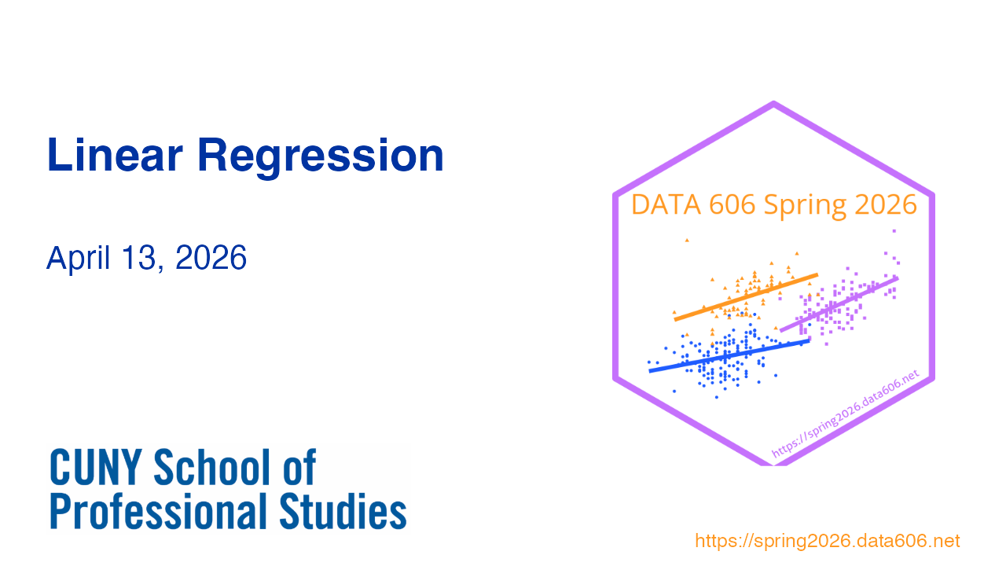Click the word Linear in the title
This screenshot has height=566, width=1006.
pyautogui.click(x=115, y=156)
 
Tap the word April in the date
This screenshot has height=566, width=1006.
pyautogui.click(x=78, y=259)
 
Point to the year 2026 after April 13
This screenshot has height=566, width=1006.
pyautogui.click(x=211, y=258)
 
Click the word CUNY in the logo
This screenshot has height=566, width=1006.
pyautogui.click(x=96, y=467)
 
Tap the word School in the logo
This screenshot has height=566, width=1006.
pyautogui.click(x=212, y=467)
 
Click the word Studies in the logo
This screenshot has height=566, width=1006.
pyautogui.click(x=343, y=511)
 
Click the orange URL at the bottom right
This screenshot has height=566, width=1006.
pyautogui.click(x=828, y=541)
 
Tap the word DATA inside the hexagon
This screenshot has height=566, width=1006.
pyautogui.click(x=666, y=205)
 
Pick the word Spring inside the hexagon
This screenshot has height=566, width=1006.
pyautogui.click(x=805, y=207)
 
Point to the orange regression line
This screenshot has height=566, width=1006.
pyautogui.click(x=746, y=297)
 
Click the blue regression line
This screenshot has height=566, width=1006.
pyautogui.click(x=729, y=356)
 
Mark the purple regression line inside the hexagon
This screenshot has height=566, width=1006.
pyautogui.click(x=839, y=304)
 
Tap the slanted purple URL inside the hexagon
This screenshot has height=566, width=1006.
pyautogui.click(x=845, y=413)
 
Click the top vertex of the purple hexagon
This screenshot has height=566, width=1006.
pyautogui.click(x=774, y=103)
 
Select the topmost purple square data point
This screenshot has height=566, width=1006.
pyautogui.click(x=894, y=231)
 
